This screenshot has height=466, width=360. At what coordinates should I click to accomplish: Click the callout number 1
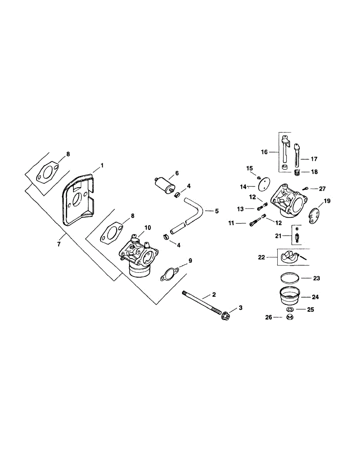[102, 165]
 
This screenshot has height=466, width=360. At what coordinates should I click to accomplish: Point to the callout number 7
[59, 243]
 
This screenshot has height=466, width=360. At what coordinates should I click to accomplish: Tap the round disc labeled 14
[264, 182]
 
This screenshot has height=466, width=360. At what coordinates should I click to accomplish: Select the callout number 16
[264, 152]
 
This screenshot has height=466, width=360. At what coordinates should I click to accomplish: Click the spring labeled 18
[297, 172]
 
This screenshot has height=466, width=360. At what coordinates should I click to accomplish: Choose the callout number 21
[278, 236]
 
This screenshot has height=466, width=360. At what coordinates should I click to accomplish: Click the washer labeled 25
[289, 310]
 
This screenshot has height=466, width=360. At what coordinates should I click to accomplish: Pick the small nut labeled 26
[289, 317]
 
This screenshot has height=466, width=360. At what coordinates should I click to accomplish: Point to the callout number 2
[214, 295]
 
